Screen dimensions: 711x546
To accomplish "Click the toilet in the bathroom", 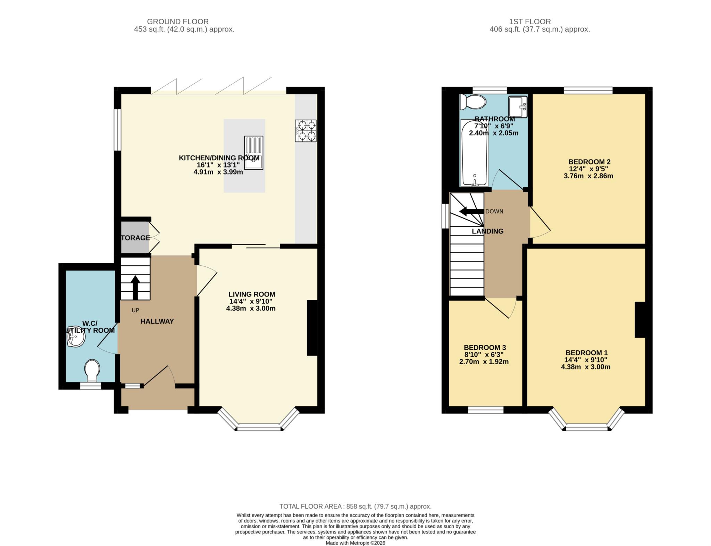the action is [472, 102].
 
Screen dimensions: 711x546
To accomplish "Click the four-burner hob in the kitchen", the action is [306, 130].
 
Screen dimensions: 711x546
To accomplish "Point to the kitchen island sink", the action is [254, 153].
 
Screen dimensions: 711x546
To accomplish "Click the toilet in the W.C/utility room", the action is [92, 370].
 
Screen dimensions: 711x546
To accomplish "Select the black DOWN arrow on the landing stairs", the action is [471, 211].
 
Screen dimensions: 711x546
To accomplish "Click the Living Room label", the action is [252, 294].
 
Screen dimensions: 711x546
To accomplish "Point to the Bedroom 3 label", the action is [485, 348].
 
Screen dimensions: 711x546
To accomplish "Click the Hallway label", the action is [157, 322].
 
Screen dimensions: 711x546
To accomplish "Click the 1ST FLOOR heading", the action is [530, 22].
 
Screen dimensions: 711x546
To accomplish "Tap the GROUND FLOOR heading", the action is [178, 22].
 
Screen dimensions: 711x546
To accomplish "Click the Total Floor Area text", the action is [355, 506].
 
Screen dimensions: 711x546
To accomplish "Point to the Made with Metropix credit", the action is [355, 543].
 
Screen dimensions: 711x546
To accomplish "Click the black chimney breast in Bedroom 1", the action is [640, 320].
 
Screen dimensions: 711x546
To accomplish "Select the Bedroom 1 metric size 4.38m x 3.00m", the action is [586, 367].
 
